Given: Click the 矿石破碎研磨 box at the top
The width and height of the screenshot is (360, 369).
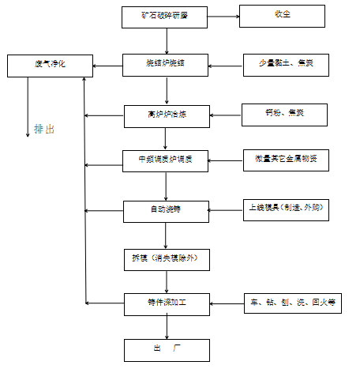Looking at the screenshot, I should [x=166, y=16].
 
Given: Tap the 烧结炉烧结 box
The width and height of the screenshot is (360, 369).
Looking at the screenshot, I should [x=166, y=63].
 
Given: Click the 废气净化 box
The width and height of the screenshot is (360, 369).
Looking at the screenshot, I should [x=45, y=63].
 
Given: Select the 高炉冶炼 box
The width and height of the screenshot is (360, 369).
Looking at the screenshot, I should [x=166, y=115].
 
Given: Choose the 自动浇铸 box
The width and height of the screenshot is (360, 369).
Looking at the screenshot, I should [x=166, y=210].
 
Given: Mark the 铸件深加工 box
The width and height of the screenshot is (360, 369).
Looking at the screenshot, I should [x=166, y=302].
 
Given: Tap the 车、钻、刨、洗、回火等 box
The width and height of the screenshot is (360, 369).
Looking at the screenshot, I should [x=293, y=302].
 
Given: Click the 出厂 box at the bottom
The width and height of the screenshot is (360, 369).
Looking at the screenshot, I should [x=166, y=348].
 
